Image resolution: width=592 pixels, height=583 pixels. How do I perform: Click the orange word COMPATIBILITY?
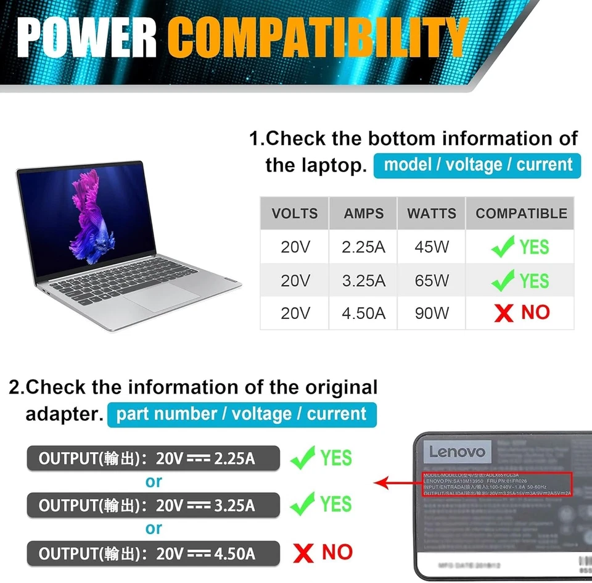point(318,38)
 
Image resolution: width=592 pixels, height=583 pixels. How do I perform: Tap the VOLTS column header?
point(295,213)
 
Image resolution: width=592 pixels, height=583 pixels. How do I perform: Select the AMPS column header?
point(364,213)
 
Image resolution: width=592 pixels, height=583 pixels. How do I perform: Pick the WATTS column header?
point(432,213)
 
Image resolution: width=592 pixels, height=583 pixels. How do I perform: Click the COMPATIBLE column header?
point(521,213)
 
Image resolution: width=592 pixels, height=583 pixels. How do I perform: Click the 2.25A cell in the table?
point(364,247)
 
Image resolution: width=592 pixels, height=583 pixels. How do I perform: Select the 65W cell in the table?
point(432,281)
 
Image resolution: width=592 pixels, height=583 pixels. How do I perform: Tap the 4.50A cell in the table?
point(364,313)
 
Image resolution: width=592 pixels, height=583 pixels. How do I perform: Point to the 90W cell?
point(432,313)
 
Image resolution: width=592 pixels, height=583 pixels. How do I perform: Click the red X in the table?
point(504,313)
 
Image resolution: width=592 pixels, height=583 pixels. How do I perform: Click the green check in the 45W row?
point(503,247)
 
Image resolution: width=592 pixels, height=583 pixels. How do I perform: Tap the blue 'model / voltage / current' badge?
point(477,165)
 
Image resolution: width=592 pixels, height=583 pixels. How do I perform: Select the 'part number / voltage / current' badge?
point(242,414)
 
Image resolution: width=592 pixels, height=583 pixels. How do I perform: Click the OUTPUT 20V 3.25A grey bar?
point(152,505)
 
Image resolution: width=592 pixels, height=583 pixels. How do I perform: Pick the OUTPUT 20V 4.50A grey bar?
point(152,553)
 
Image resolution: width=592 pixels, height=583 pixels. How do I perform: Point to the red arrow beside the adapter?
point(395,483)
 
